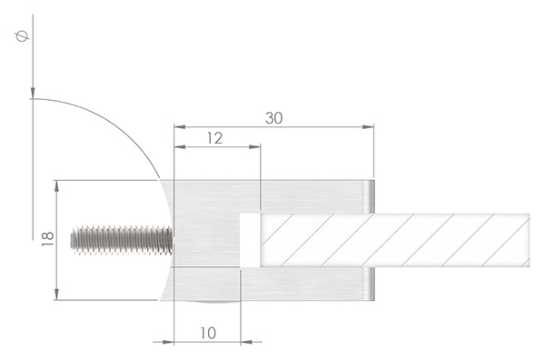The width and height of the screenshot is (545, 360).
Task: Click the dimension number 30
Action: pos(273,117)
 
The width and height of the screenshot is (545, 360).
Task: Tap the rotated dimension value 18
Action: pos(48,239)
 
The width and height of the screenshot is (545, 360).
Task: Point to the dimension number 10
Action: pos(207,333)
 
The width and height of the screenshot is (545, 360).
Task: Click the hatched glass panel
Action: pos(391,240)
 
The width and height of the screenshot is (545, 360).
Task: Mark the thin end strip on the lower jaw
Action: pos(371,285)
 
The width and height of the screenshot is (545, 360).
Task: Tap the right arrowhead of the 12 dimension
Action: pos(256,146)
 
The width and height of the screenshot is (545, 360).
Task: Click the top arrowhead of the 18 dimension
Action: pos(58,185)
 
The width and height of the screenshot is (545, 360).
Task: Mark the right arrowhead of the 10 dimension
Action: pos(234,343)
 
